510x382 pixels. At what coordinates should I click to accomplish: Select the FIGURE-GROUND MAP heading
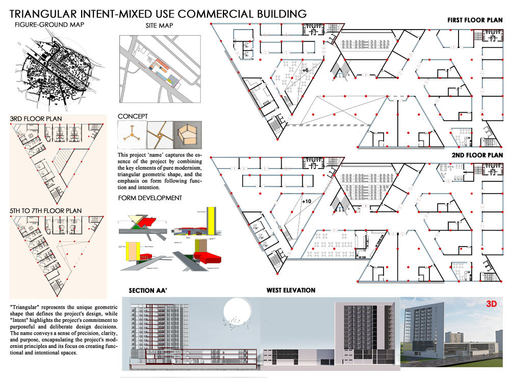(49, 24)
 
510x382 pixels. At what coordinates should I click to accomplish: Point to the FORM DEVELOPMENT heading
(150, 198)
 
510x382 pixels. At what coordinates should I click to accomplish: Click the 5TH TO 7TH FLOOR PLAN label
(46, 210)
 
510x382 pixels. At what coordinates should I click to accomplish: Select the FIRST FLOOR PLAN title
(474, 20)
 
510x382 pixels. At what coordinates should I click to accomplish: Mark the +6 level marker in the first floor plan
(305, 70)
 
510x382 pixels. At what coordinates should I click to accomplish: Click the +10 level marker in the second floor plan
(307, 202)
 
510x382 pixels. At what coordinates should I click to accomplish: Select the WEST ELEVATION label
(291, 290)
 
